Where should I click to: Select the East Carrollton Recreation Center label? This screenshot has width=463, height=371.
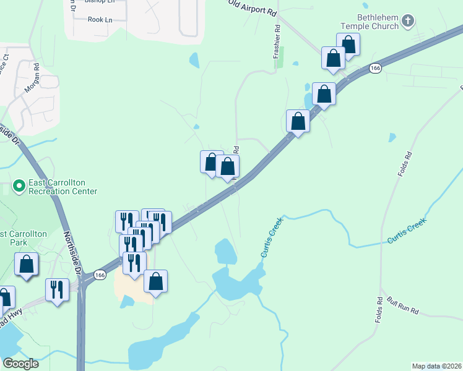(63, 187)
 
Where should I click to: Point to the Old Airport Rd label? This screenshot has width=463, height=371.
(251, 8)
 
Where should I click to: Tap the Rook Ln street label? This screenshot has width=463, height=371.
(100, 20)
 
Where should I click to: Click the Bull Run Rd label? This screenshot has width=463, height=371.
(403, 305)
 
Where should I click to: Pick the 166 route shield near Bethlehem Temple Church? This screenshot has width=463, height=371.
(374, 68)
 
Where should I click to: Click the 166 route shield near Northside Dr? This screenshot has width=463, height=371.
(100, 274)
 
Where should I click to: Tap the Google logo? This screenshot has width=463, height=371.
(20, 364)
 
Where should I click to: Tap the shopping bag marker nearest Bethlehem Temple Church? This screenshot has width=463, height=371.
(348, 45)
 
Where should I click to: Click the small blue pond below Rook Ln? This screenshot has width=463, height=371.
(194, 60)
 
